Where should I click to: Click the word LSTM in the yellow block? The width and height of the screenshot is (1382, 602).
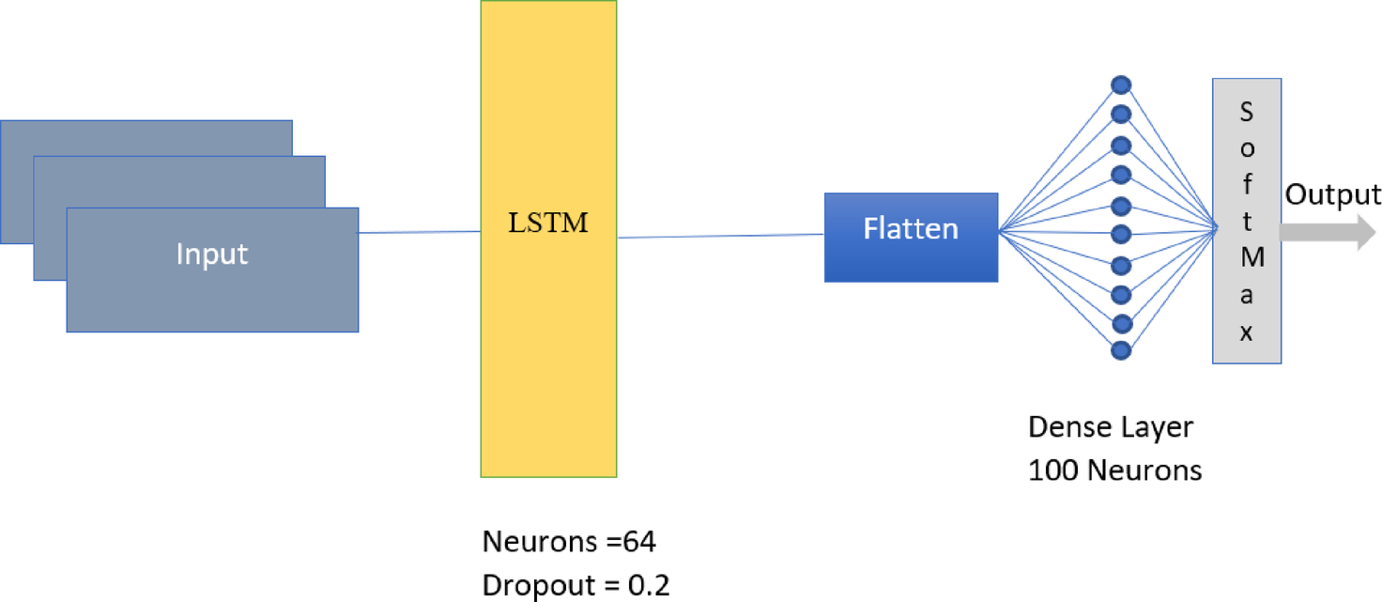click(549, 224)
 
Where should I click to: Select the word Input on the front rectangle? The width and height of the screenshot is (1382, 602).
click(212, 255)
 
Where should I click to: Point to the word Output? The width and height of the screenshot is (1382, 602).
click(1332, 194)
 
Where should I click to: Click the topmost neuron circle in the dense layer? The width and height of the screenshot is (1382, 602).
click(1121, 85)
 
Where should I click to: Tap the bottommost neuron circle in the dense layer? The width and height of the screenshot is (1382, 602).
click(1121, 351)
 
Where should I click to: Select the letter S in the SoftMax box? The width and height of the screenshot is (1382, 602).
click(1247, 112)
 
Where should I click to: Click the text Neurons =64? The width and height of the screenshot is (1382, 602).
click(569, 542)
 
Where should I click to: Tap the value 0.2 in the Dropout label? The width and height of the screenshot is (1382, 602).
click(649, 584)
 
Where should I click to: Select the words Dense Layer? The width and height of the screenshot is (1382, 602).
click(1111, 427)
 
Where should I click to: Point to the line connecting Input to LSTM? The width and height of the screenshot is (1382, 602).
click(420, 232)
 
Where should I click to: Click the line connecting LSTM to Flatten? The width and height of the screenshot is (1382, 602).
click(720, 236)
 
